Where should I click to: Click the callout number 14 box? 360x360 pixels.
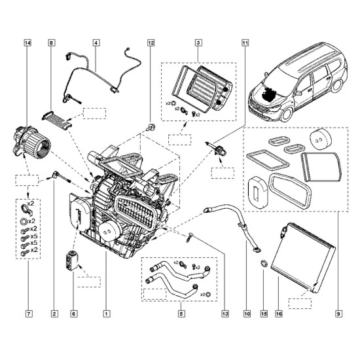point(27,43)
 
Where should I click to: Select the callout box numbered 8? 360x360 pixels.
point(52,43)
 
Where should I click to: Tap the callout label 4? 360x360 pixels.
point(96,43)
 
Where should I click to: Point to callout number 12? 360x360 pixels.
point(151,43)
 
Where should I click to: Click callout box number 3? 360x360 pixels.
point(198,43)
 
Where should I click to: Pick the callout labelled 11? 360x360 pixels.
point(245,43)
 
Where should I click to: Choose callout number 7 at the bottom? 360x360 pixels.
point(28,314)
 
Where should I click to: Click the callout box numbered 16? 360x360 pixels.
point(279,314)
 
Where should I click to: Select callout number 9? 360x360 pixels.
point(338,314)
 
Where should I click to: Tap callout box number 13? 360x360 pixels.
point(225,314)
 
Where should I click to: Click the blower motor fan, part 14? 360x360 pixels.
point(31,141)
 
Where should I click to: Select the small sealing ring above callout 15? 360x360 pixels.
point(264,263)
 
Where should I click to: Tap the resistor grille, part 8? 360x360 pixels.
point(57,119)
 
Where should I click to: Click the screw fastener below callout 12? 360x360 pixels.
point(151,126)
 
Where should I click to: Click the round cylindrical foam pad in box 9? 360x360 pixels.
point(321,139)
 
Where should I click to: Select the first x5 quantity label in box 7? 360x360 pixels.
point(34,236)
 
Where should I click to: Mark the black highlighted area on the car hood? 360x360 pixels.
point(269,93)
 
